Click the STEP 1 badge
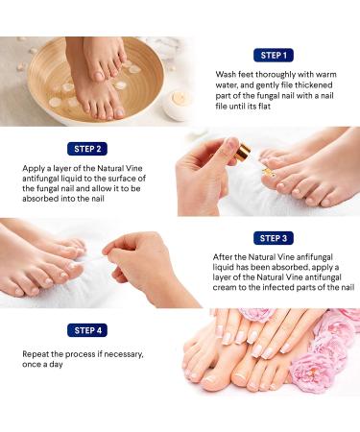coord(274,56)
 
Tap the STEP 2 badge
coord(87,149)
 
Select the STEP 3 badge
coord(274,238)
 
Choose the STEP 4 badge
coord(87,330)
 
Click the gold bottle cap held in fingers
coord(242,152)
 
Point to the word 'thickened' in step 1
coord(313,85)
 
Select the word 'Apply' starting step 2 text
coord(32,169)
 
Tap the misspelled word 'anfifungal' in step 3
coord(310,257)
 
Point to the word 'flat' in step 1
coord(264,106)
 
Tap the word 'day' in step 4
coord(56,365)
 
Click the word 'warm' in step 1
coord(326,75)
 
